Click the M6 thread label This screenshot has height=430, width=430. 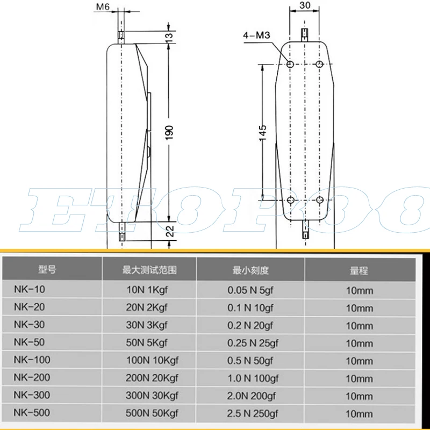(103, 6)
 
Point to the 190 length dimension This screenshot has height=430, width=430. (169, 132)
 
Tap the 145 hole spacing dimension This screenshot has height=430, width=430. (263, 133)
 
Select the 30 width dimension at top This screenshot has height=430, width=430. (305, 5)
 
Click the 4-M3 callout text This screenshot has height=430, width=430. (256, 35)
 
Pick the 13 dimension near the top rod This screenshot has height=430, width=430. (169, 35)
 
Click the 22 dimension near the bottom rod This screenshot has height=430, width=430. (170, 231)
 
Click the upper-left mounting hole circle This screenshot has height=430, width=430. (290, 64)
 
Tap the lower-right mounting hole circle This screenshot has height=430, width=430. (319, 199)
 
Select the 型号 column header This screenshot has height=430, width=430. (47, 269)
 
